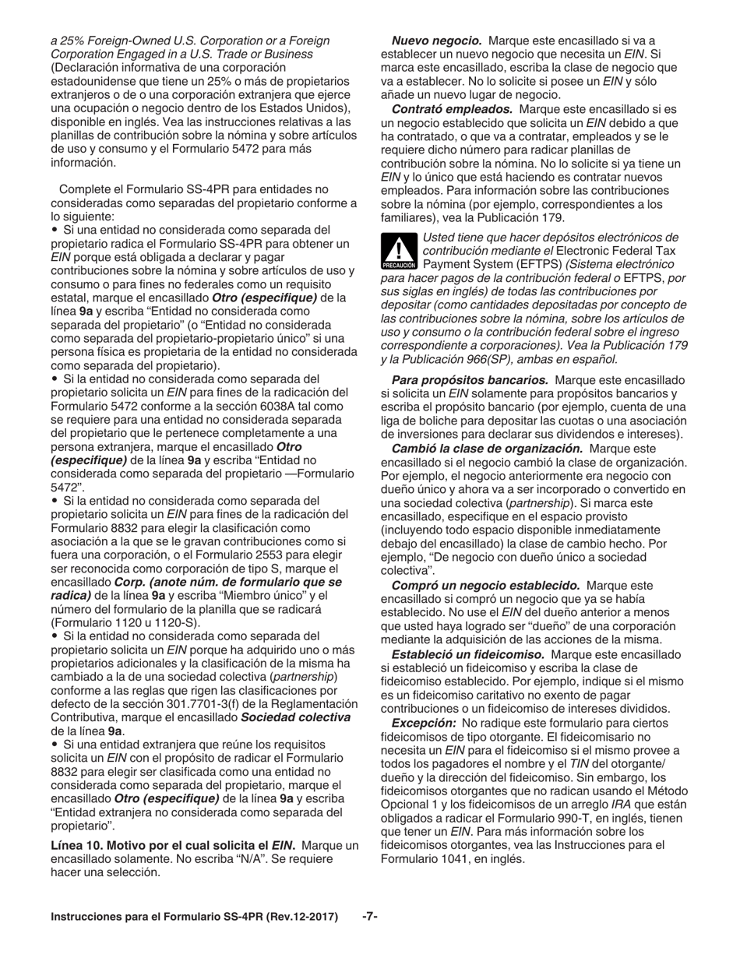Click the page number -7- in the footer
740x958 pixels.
(370, 917)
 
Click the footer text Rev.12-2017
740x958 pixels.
(300, 917)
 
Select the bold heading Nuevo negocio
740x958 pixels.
(436, 41)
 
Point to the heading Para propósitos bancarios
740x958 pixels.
(470, 380)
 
